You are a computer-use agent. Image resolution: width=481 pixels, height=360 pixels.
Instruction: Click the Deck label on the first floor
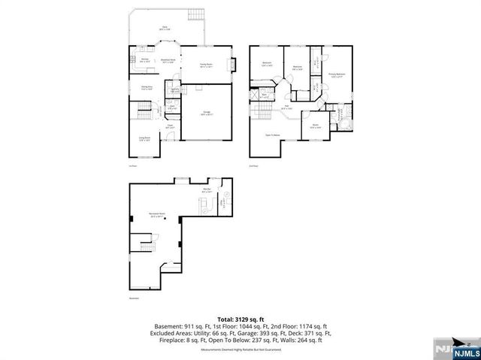tap(164, 28)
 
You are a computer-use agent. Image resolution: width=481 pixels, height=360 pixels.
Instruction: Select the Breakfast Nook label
tap(169, 61)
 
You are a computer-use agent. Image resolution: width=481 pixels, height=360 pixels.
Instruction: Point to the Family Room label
tap(205, 66)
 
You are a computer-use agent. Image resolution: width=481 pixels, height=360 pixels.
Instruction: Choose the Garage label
tap(206, 113)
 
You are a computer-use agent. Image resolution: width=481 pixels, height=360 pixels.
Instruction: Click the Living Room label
tap(144, 139)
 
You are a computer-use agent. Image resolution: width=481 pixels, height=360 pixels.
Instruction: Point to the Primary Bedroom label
tap(336, 74)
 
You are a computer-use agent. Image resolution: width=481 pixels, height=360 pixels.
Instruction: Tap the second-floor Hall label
tap(286, 107)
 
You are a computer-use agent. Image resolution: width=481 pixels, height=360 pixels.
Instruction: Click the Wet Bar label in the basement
tap(207, 191)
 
